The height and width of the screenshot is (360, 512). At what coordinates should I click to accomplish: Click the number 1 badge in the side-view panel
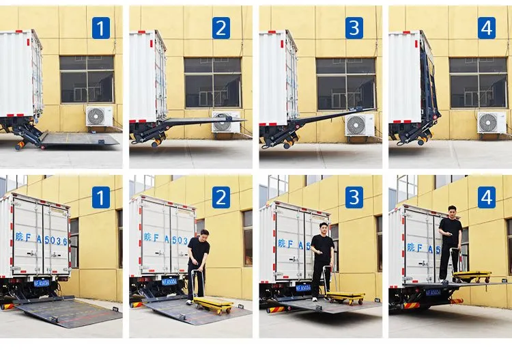tap(101, 28)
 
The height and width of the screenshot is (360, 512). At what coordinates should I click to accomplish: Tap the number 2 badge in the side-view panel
tap(221, 28)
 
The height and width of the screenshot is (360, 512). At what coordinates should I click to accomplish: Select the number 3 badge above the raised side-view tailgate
tap(353, 28)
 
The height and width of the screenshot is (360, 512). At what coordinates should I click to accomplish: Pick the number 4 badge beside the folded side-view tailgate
tap(487, 28)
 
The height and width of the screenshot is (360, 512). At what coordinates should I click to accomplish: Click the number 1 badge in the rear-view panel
tap(101, 197)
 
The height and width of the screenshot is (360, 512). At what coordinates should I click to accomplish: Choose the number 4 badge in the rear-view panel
tap(487, 197)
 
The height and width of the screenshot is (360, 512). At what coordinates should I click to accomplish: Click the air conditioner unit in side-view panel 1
tap(99, 116)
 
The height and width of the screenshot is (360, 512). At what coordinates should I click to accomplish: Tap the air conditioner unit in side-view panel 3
tap(359, 125)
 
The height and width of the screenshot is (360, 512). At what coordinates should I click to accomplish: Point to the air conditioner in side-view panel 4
tap(492, 122)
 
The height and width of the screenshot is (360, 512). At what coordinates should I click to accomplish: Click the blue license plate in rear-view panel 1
tap(42, 283)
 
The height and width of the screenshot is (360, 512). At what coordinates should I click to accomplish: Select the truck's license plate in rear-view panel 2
tap(169, 281)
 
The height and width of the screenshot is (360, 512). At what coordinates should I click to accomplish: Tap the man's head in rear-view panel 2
tap(203, 234)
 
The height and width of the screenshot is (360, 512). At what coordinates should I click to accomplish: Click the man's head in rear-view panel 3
tap(324, 227)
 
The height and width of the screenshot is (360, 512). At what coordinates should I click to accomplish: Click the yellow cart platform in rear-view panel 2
tap(214, 301)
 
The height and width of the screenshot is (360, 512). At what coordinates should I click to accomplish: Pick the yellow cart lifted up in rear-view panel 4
tap(472, 275)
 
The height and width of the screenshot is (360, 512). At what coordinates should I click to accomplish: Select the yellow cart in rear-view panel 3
tap(345, 296)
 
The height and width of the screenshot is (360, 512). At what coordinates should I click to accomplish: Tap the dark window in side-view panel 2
tap(212, 82)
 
